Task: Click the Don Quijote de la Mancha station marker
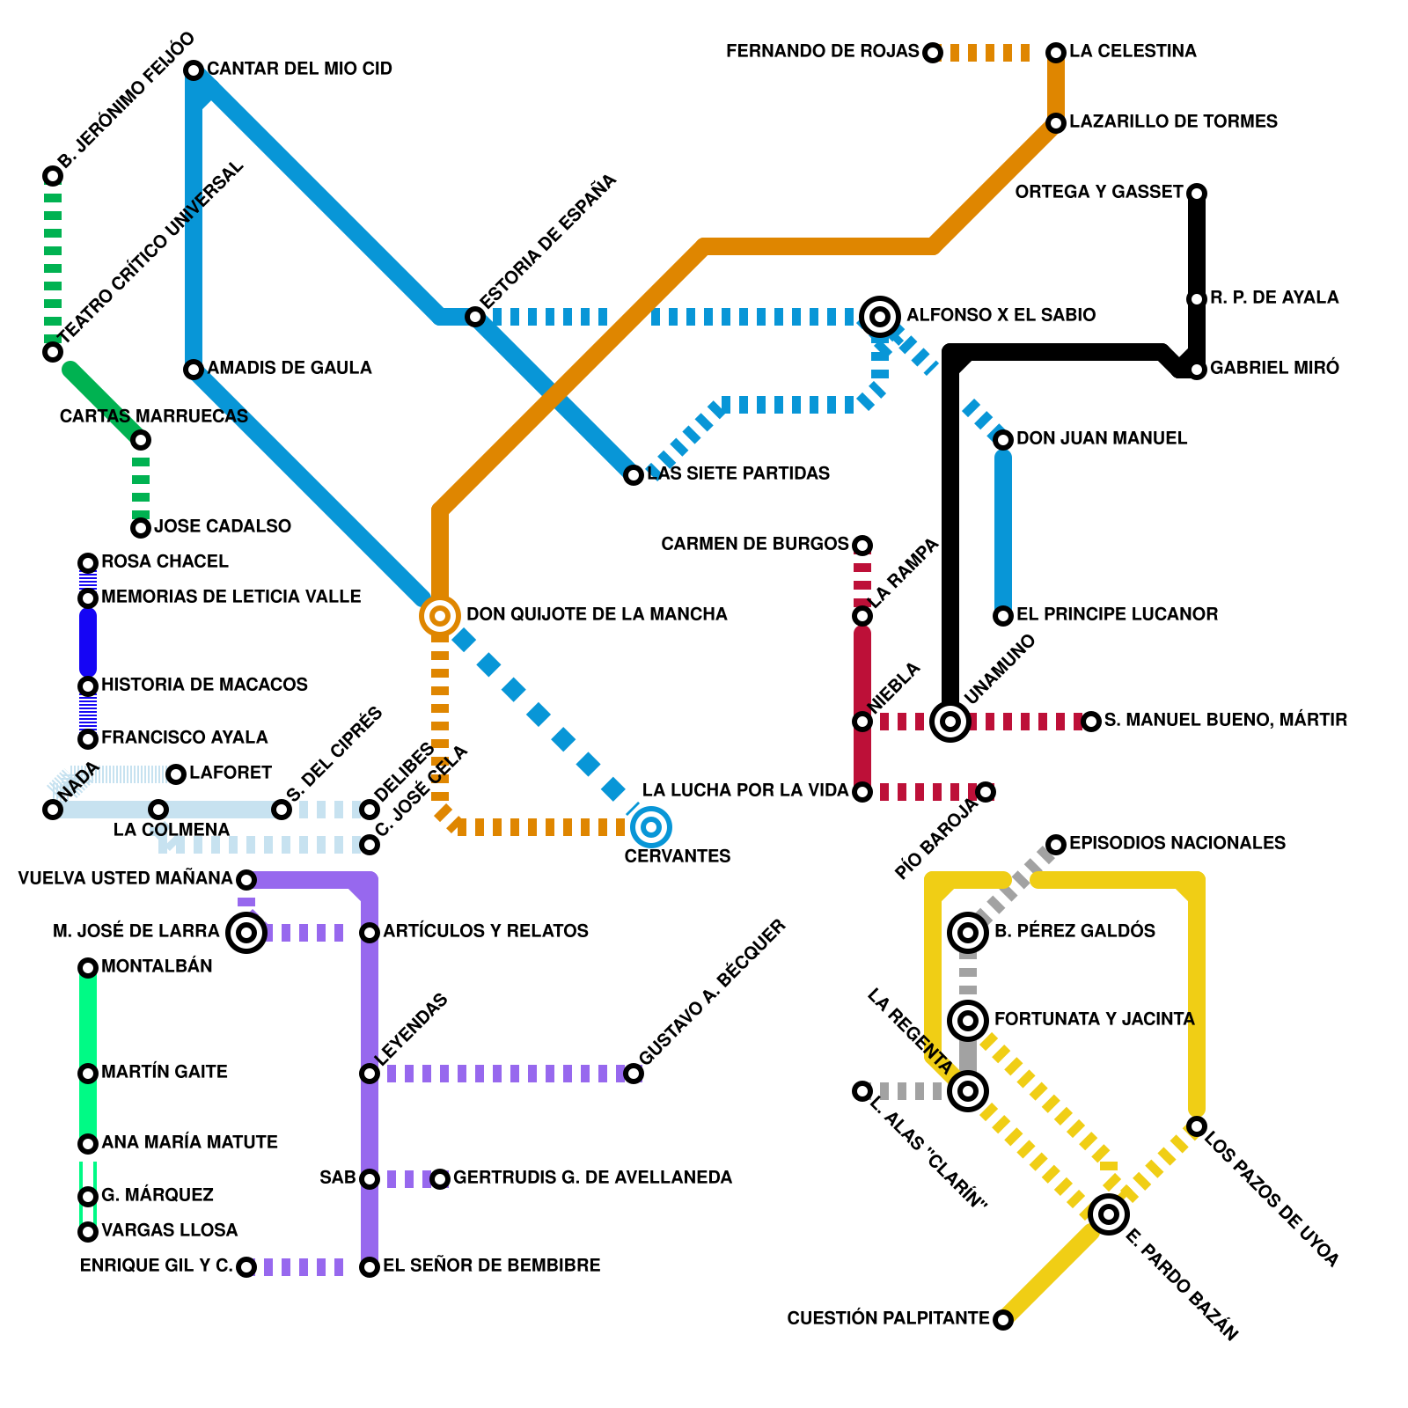[x=440, y=615]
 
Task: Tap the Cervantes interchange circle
[x=651, y=826]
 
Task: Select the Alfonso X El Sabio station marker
[x=880, y=316]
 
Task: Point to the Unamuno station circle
[x=950, y=722]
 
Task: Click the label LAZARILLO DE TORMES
[x=1173, y=121]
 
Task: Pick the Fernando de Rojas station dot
[x=933, y=53]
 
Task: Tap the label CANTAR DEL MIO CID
[x=299, y=69]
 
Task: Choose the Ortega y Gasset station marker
[x=1197, y=193]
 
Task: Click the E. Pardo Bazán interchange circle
[x=1109, y=1214]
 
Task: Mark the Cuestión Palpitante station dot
[x=1003, y=1319]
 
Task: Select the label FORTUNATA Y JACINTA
[x=1094, y=1019]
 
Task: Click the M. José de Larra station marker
[x=246, y=932]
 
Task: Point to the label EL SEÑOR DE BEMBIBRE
[x=491, y=1265]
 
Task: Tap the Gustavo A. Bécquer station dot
[x=634, y=1074]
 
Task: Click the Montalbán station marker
[x=88, y=968]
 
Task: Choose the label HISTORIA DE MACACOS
[x=204, y=685]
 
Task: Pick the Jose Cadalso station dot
[x=141, y=528]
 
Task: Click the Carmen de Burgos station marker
[x=863, y=546]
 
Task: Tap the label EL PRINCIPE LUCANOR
[x=1117, y=614]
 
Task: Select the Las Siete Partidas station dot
[x=634, y=475]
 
